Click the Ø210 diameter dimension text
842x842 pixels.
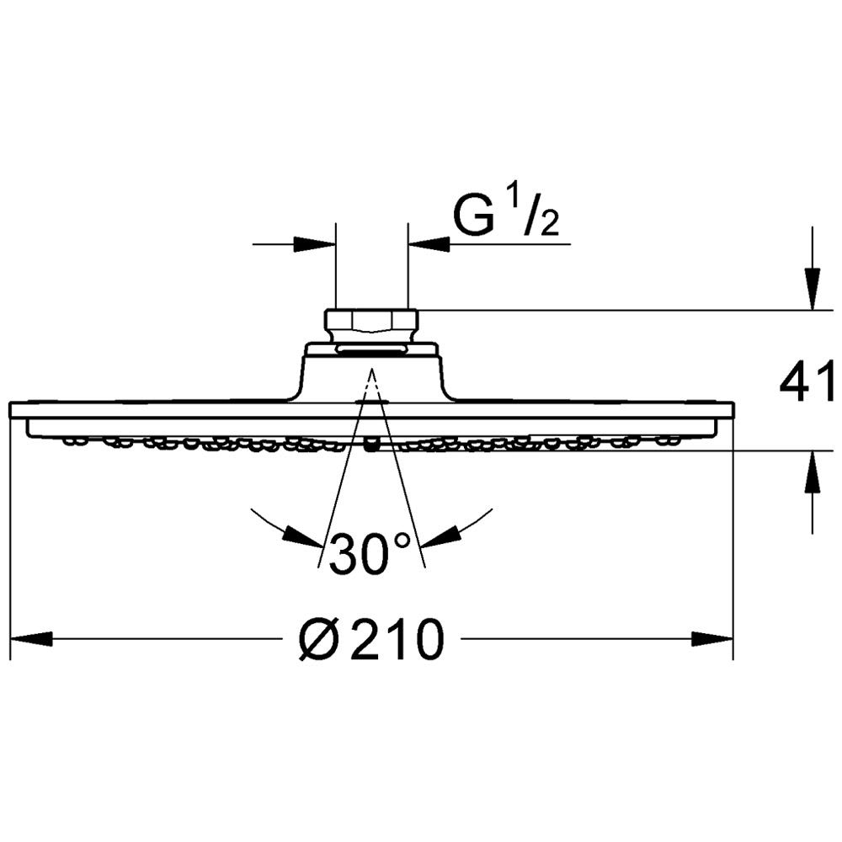click(371, 638)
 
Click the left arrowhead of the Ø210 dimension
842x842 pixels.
click(31, 638)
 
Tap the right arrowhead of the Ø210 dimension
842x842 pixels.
click(712, 638)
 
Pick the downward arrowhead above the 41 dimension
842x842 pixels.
click(813, 289)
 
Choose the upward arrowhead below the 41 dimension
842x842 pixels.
click(813, 472)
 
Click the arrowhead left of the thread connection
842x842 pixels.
click(315, 244)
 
